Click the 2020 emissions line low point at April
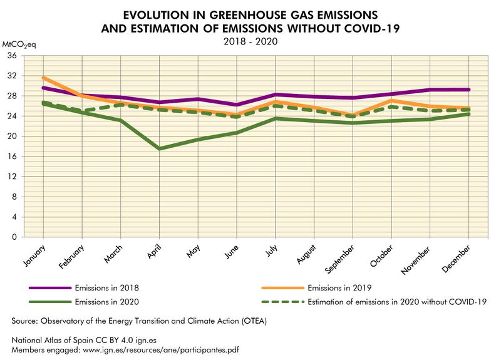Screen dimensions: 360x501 point(159,148)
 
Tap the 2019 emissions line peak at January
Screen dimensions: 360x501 point(43,78)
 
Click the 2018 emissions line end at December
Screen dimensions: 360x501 point(468,90)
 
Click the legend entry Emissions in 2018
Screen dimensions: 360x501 point(106,288)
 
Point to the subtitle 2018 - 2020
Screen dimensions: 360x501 point(250,41)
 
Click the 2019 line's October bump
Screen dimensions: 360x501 point(391,100)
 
